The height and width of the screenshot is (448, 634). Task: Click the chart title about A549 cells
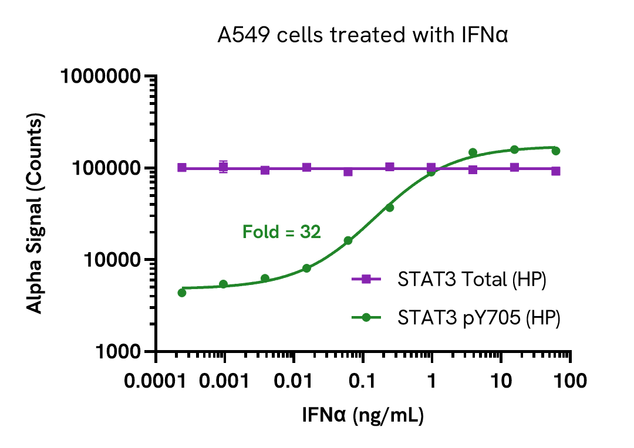pos(362,36)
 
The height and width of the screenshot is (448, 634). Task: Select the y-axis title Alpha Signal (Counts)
pos(36,214)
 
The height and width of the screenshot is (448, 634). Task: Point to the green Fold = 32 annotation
pos(282,232)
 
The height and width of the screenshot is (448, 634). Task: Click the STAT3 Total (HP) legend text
pos(472,280)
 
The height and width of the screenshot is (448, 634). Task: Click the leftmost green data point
pos(182,293)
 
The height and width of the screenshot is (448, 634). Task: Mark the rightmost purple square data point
pos(555,171)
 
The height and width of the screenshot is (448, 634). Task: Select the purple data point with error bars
pos(223,167)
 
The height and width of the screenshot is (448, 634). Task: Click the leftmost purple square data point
pos(182,168)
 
